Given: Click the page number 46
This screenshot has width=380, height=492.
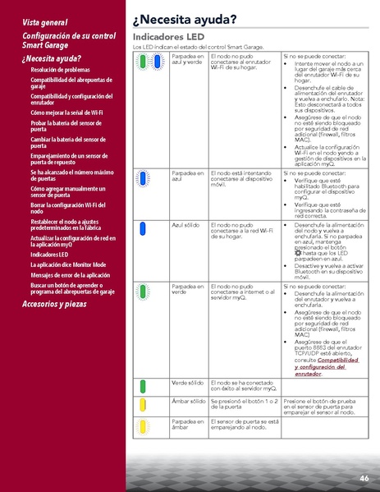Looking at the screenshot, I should pyautogui.click(x=364, y=478).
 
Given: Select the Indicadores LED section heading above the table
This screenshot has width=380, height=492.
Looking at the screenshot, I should pyautogui.click(x=168, y=38).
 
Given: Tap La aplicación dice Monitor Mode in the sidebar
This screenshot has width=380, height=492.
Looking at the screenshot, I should pyautogui.click(x=68, y=264).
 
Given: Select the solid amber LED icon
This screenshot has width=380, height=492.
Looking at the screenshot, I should pyautogui.click(x=142, y=404).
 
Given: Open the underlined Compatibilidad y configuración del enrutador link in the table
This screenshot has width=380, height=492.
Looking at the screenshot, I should pyautogui.click(x=326, y=364).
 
